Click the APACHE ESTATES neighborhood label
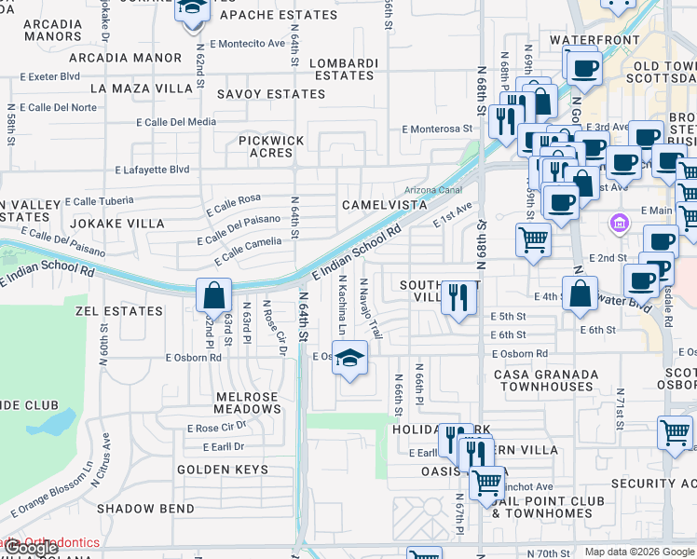point(279,15)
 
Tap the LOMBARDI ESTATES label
point(344,69)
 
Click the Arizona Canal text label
point(433,189)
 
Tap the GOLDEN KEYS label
point(212,470)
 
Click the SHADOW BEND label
point(146,509)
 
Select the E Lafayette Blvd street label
point(152,170)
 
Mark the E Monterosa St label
point(438,130)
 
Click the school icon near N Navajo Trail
point(349,358)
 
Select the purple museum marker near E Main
point(618,224)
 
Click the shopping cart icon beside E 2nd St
point(534,239)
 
